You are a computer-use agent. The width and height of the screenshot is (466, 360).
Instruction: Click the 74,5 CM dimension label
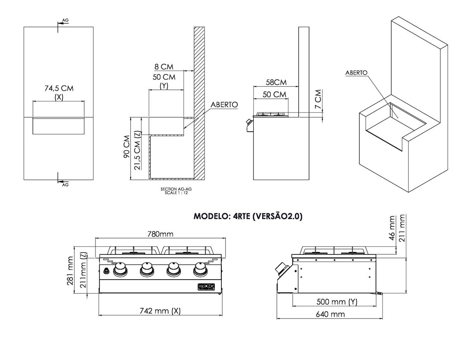click(x=59, y=88)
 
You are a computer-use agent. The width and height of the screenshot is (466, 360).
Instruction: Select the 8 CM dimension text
click(x=164, y=67)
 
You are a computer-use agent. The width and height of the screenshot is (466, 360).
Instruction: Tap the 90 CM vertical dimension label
click(x=127, y=147)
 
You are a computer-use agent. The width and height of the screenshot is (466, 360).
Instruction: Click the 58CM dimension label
click(x=276, y=82)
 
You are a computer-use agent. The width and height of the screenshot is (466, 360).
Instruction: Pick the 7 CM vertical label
click(x=319, y=99)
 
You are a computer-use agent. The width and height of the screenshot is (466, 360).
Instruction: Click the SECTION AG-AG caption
click(x=176, y=189)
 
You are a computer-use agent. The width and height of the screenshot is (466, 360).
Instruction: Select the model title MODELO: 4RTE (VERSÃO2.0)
click(x=248, y=217)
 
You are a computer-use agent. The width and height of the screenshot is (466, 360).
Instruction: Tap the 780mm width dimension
click(x=160, y=234)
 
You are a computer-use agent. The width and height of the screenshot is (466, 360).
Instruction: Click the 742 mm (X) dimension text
click(x=160, y=311)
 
